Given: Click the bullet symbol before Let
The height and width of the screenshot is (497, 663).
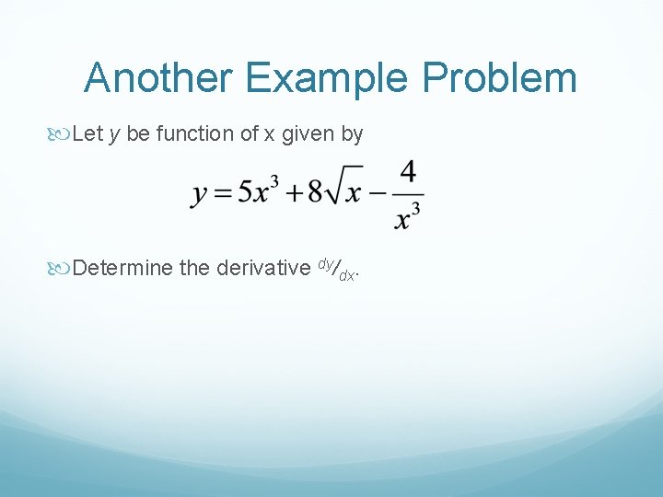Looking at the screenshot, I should click(x=61, y=134).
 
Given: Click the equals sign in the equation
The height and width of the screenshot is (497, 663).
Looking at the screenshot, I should click(x=222, y=193).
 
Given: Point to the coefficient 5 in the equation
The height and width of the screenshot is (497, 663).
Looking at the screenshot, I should click(x=245, y=192).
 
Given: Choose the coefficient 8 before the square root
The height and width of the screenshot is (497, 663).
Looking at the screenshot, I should click(x=315, y=192).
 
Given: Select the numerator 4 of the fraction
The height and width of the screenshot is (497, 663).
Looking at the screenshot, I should click(x=408, y=172).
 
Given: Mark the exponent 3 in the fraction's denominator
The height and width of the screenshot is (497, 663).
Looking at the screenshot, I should click(x=416, y=209).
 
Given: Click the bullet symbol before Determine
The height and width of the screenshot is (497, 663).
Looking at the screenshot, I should click(x=61, y=269).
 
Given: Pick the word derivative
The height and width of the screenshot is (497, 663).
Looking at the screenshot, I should click(x=262, y=268).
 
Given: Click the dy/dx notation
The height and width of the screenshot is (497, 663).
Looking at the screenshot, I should click(x=337, y=269).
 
